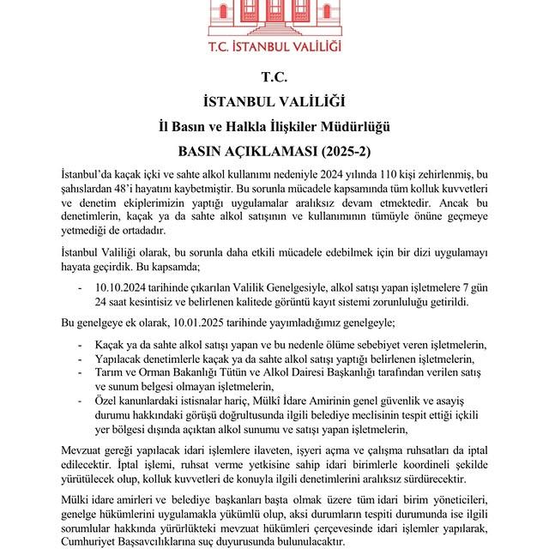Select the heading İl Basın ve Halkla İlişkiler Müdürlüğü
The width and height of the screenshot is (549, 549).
[x=274, y=127]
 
